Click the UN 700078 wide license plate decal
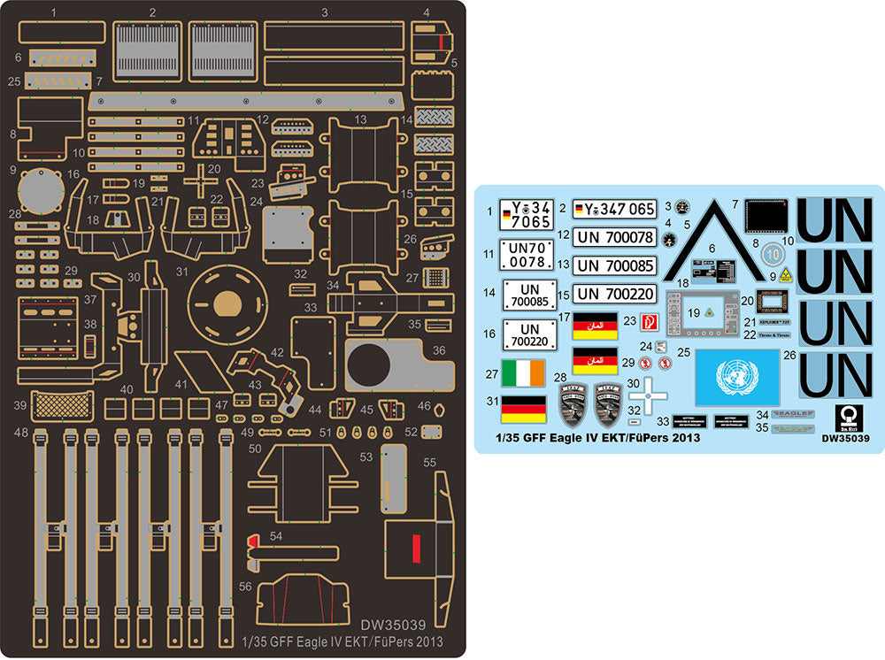coord(615,237)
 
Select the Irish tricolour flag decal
coord(523,373)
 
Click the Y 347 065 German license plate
coord(615,210)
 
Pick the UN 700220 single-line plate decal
coord(615,293)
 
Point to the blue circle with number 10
coord(771,252)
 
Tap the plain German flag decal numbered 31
coord(523,409)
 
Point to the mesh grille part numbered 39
coord(60,406)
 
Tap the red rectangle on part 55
coord(413,549)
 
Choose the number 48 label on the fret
coord(19,432)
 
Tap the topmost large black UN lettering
coord(835,217)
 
